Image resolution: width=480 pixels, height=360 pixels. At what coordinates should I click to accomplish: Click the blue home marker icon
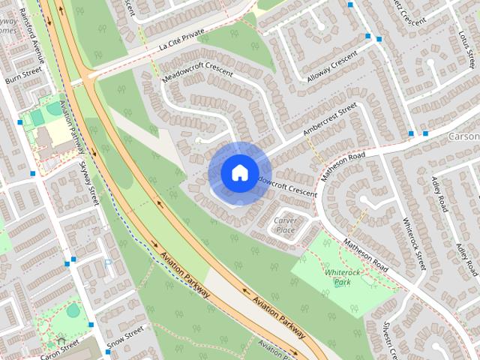coord(238,172)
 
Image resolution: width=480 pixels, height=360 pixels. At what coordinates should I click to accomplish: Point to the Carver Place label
coord(284,225)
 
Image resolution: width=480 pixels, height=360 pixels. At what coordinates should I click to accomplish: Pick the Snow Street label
coord(124,337)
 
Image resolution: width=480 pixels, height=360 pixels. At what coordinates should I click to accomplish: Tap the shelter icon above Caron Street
coord(61,340)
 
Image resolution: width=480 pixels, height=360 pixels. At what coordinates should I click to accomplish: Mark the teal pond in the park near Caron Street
coord(73,309)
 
